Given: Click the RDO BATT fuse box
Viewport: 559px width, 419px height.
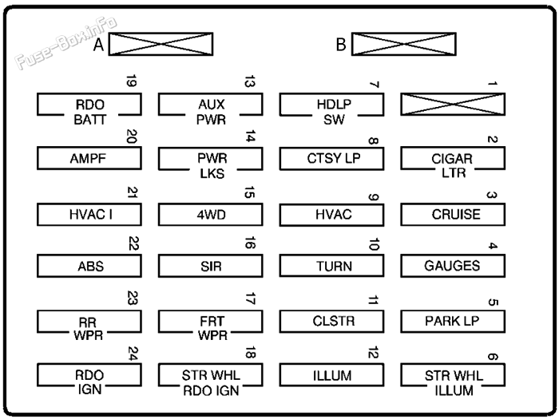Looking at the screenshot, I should point(89,105).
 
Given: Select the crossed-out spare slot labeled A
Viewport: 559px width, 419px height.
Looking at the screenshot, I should point(161,45).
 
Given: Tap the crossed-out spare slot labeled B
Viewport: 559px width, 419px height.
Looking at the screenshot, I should point(403,45).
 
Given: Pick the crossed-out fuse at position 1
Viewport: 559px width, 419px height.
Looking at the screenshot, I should point(453,105).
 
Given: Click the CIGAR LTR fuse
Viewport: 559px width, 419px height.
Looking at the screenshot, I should point(453,159).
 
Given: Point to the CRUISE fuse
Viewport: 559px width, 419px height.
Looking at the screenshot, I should point(453,214).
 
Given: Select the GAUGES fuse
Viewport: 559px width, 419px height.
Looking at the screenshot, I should point(453,266).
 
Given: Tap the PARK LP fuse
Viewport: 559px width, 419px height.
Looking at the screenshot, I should point(453,321).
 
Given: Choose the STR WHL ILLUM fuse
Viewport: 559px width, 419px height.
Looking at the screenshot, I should point(453,375).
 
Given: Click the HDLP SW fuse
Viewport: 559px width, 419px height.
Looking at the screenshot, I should point(331,105).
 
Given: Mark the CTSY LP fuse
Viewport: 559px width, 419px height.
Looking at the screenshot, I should point(331,159).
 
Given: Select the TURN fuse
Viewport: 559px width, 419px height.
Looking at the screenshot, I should point(331,266).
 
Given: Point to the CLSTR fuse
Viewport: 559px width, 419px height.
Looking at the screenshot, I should point(331,321).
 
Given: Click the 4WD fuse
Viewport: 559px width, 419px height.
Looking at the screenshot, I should point(210,214).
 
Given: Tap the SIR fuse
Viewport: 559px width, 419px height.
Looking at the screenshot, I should point(210,266).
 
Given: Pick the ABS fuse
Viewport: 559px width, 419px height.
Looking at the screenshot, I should point(89,266).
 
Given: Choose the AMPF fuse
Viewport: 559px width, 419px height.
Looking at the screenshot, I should point(89,159).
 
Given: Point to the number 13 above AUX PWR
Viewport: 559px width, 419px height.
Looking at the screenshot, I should point(250,82).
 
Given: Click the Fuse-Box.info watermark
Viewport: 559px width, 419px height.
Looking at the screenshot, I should point(65,44).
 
